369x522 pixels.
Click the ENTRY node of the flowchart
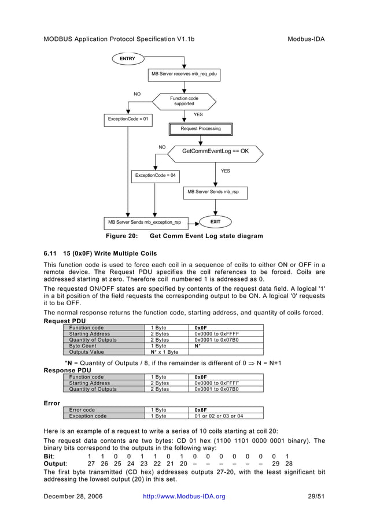click(127, 59)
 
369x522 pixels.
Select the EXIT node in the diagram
click(215, 221)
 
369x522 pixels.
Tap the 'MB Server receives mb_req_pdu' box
click(184, 74)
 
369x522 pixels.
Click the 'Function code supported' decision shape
click(184, 101)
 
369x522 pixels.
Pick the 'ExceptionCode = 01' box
click(128, 120)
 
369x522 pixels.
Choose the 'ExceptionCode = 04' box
click(155, 175)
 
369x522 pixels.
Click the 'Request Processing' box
click(200, 129)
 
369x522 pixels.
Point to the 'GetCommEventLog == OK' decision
click(215, 151)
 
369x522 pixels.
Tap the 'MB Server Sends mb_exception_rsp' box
click(145, 222)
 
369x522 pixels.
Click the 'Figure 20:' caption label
click(121, 236)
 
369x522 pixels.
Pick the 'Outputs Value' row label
click(86, 352)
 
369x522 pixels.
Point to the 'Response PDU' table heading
click(68, 370)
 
